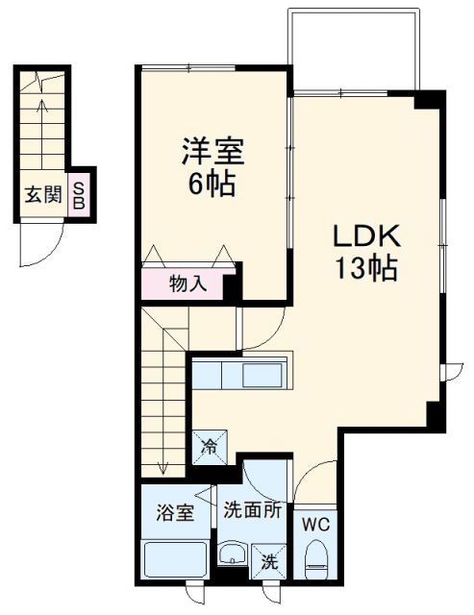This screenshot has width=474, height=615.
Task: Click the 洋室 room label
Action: click(213, 152)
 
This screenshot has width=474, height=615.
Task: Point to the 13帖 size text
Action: click(365, 268)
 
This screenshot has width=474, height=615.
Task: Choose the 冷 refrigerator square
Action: click(209, 445)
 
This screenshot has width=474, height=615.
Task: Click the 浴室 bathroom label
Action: click(174, 511)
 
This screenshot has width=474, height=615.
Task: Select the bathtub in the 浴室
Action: click(174, 559)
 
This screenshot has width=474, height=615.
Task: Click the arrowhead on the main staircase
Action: click(164, 469)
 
